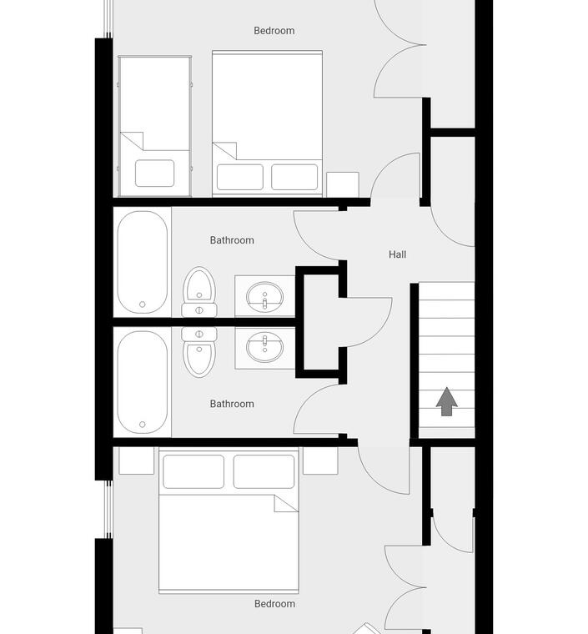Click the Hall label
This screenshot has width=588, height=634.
pos(397,254)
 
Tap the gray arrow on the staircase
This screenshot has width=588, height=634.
pos(446,401)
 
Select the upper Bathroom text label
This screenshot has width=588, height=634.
pos(232,240)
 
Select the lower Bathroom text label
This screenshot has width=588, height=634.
pos(232,404)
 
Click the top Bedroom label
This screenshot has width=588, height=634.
pos(274,31)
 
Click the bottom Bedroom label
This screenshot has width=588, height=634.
pos(274,604)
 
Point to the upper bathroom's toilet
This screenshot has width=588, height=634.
pos(199,292)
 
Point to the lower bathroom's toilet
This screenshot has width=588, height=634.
pos(199,352)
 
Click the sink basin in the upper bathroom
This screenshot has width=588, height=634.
pos(264,297)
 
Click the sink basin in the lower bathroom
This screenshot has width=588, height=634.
pos(264,347)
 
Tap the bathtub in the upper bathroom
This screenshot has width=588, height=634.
pos(143,262)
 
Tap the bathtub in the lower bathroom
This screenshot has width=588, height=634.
pos(143,382)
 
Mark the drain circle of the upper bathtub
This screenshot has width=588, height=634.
pos(143,304)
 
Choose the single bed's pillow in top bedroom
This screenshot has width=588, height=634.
pos(155,173)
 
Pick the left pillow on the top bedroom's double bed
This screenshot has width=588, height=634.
pos(240,177)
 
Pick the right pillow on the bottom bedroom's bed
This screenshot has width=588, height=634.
pos(264,471)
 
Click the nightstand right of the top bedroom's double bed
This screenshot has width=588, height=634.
pos(343,184)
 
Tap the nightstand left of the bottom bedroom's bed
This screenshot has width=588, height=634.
pos(136,460)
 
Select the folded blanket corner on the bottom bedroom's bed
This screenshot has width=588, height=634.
pos(286,503)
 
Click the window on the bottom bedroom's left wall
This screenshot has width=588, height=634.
pos(108,510)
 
